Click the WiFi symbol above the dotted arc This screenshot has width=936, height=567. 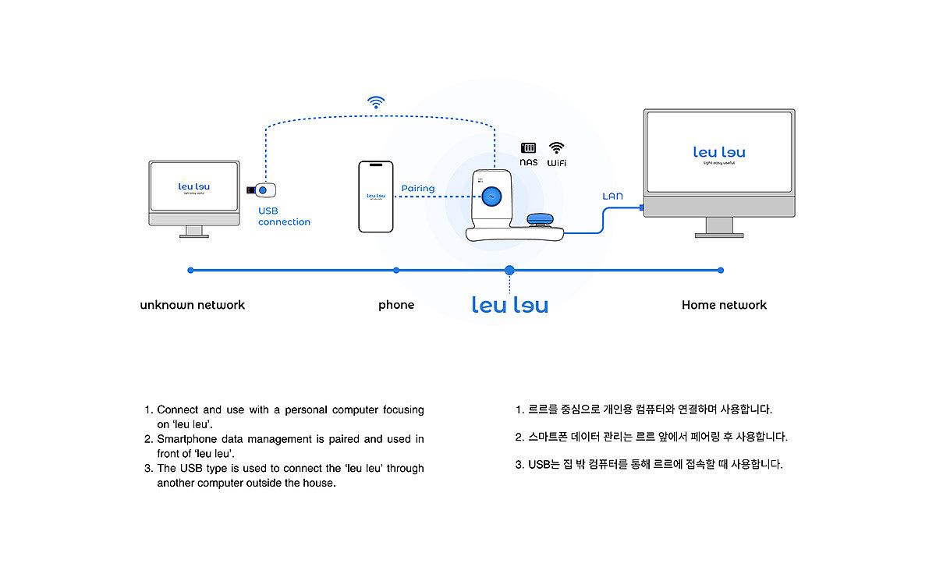pyautogui.click(x=377, y=101)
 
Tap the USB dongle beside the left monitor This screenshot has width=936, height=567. pyautogui.click(x=264, y=190)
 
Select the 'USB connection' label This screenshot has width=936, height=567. pyautogui.click(x=284, y=216)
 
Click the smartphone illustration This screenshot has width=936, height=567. pyautogui.click(x=375, y=197)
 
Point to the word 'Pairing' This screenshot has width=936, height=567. pyautogui.click(x=418, y=189)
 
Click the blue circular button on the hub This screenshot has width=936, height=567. pyautogui.click(x=491, y=197)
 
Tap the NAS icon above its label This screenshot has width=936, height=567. pyautogui.click(x=529, y=147)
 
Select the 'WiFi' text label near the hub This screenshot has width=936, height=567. pyautogui.click(x=556, y=163)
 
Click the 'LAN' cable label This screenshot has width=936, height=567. pyautogui.click(x=612, y=196)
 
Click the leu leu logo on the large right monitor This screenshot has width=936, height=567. pyautogui.click(x=719, y=153)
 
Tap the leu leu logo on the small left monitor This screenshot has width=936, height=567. pyautogui.click(x=194, y=186)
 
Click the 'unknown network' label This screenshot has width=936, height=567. pyautogui.click(x=192, y=305)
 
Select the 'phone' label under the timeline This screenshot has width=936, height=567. pyautogui.click(x=396, y=305)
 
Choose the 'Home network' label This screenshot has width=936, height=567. pyautogui.click(x=724, y=305)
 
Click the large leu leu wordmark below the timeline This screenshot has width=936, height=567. pyautogui.click(x=510, y=304)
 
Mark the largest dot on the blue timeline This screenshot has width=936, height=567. pyautogui.click(x=509, y=270)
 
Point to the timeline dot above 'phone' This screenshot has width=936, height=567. pyautogui.click(x=396, y=270)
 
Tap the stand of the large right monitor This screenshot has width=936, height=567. pyautogui.click(x=718, y=227)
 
